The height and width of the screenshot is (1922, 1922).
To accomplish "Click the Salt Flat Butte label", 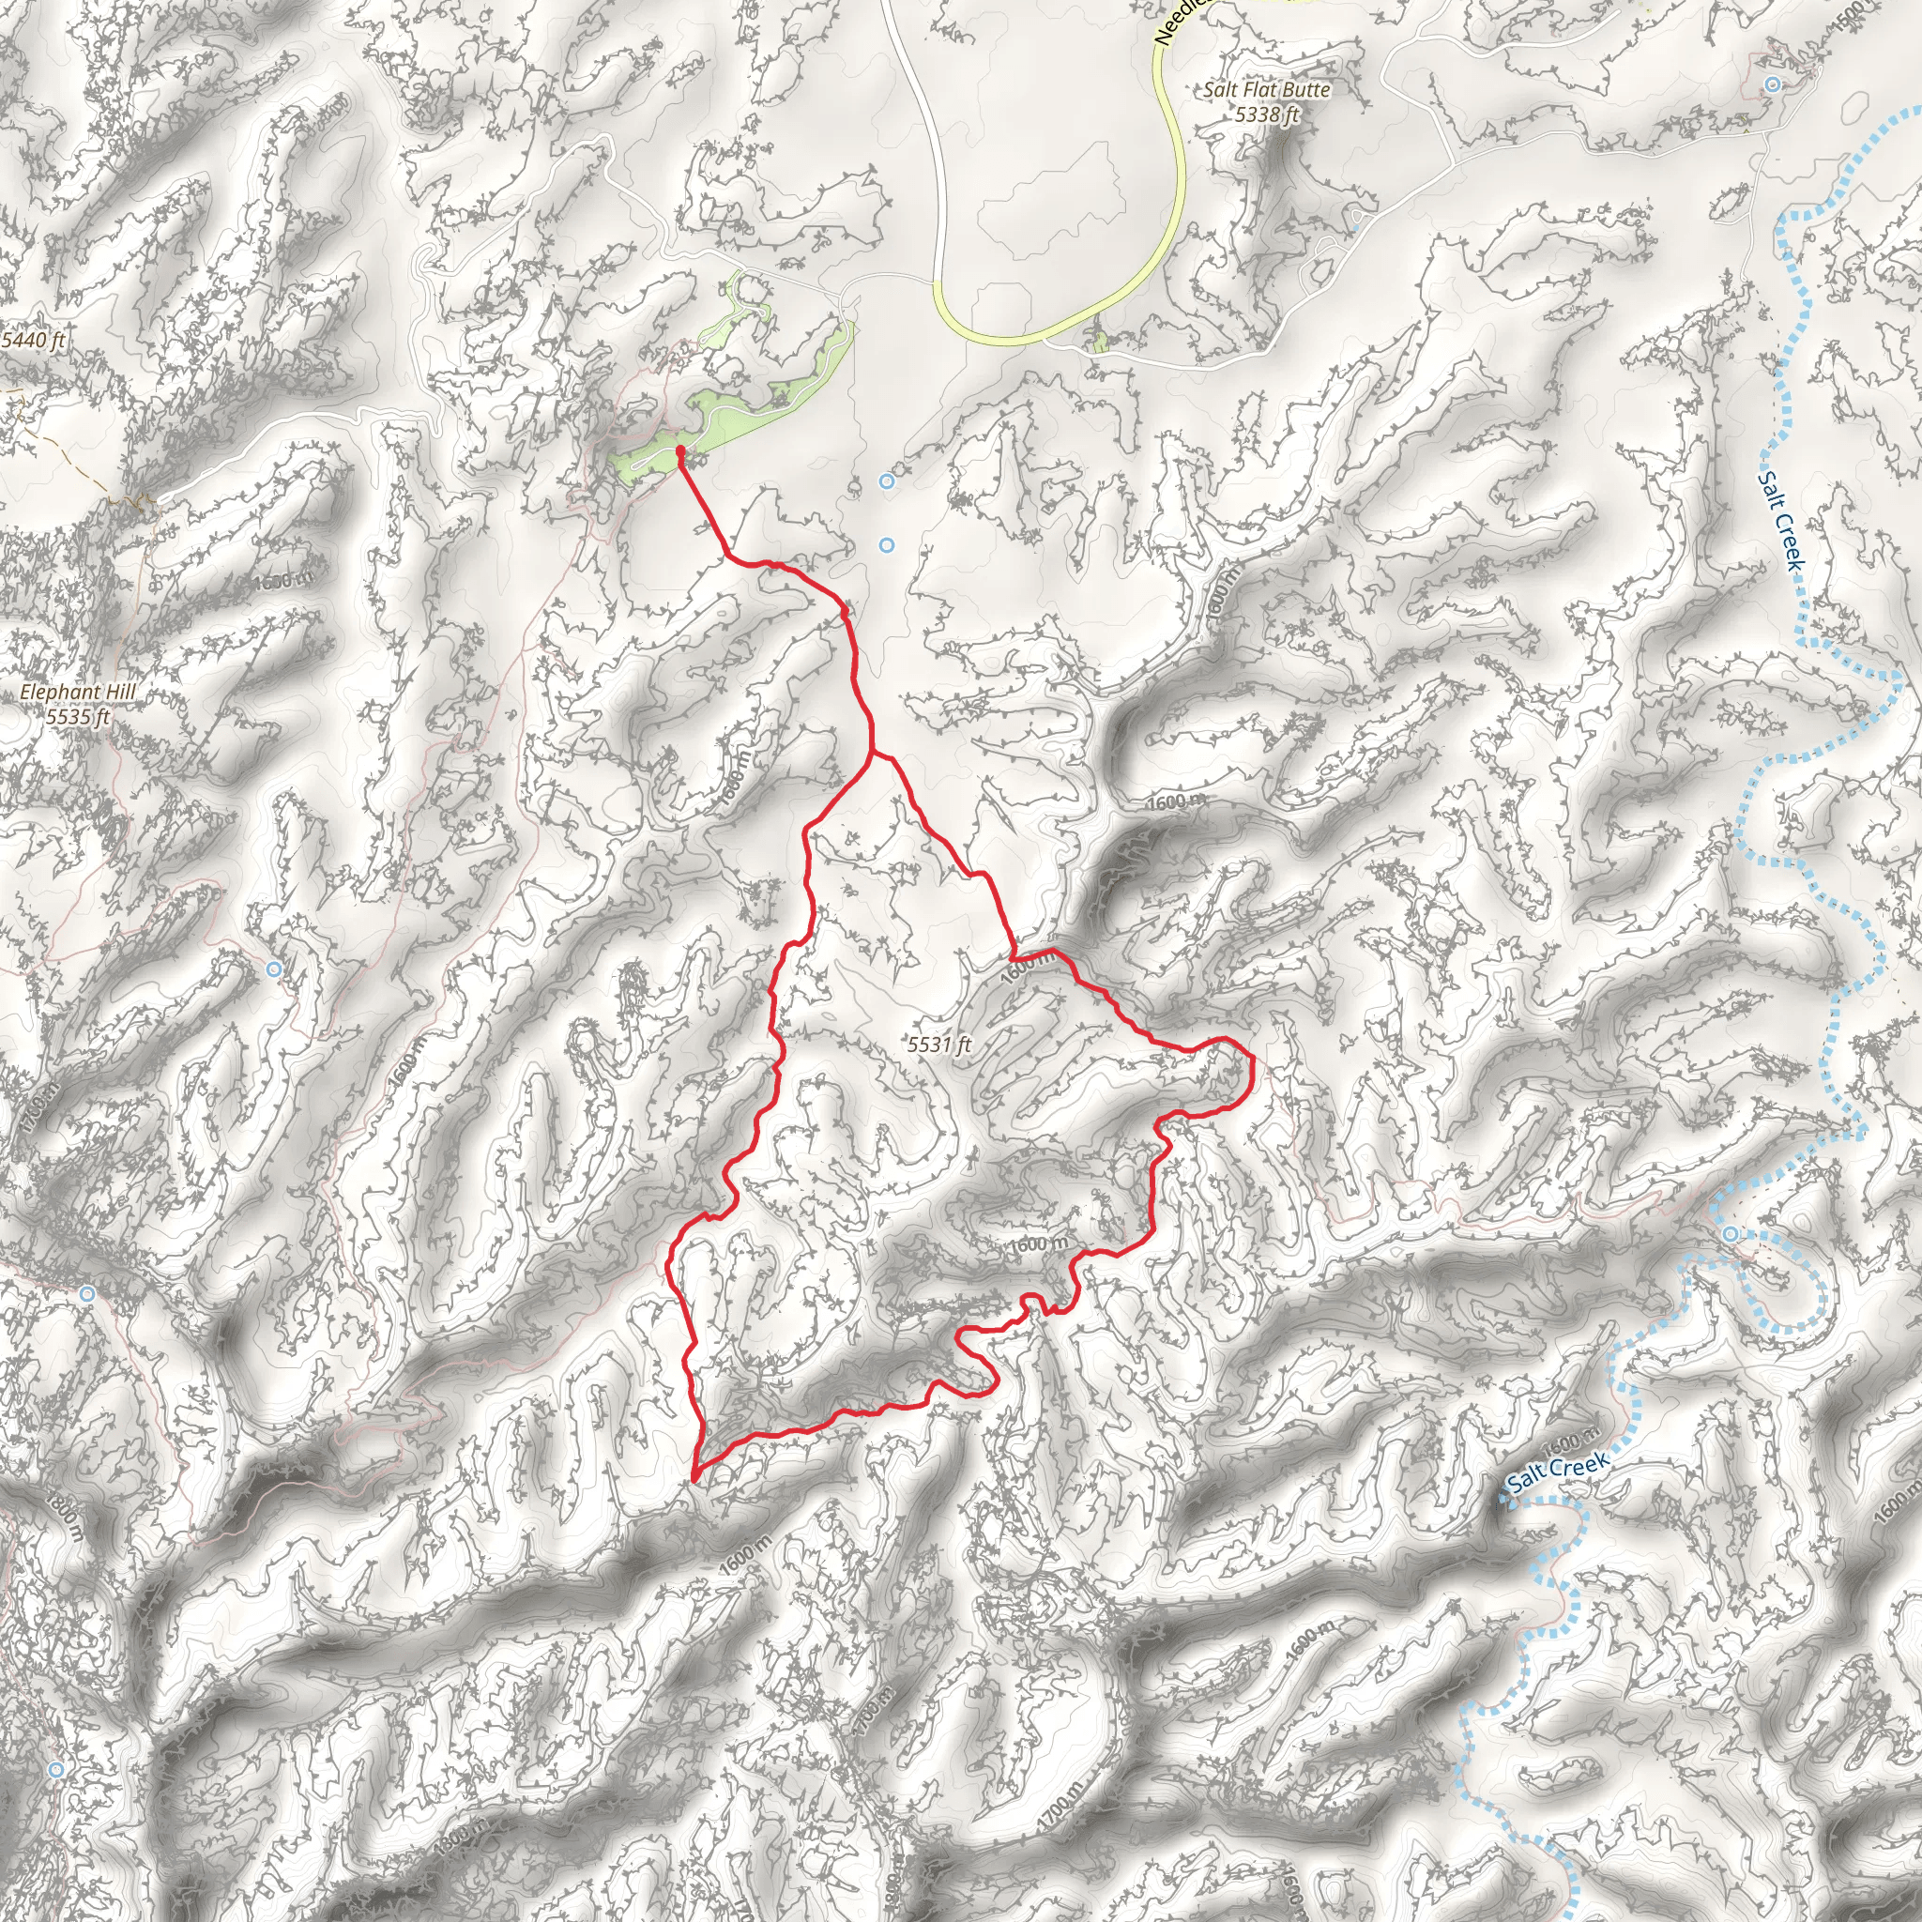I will pyautogui.click(x=1265, y=89).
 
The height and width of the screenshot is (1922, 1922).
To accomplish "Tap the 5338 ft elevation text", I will pyautogui.click(x=1266, y=114).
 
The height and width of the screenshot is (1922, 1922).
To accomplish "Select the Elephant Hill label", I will pyautogui.click(x=78, y=692).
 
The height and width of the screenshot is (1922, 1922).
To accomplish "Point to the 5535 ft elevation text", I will pyautogui.click(x=78, y=716).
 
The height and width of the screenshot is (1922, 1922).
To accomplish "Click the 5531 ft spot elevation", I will pyautogui.click(x=938, y=1045).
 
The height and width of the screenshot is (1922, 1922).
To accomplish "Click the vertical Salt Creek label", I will pyautogui.click(x=1779, y=521).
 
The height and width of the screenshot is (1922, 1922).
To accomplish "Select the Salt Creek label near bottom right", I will pyautogui.click(x=1557, y=1473).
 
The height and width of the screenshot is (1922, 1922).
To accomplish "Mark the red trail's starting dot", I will pyautogui.click(x=679, y=451).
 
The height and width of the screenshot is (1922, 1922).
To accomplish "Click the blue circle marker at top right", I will pyautogui.click(x=1772, y=84).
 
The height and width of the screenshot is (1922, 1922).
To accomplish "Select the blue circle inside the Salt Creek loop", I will pyautogui.click(x=1732, y=1235).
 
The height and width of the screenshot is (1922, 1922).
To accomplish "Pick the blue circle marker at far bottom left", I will pyautogui.click(x=56, y=1770).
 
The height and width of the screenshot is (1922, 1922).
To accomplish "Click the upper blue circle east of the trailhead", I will pyautogui.click(x=886, y=481).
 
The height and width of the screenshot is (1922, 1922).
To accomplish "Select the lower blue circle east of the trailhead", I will pyautogui.click(x=886, y=545).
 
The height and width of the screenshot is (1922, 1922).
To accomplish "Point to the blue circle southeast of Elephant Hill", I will pyautogui.click(x=275, y=969).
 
